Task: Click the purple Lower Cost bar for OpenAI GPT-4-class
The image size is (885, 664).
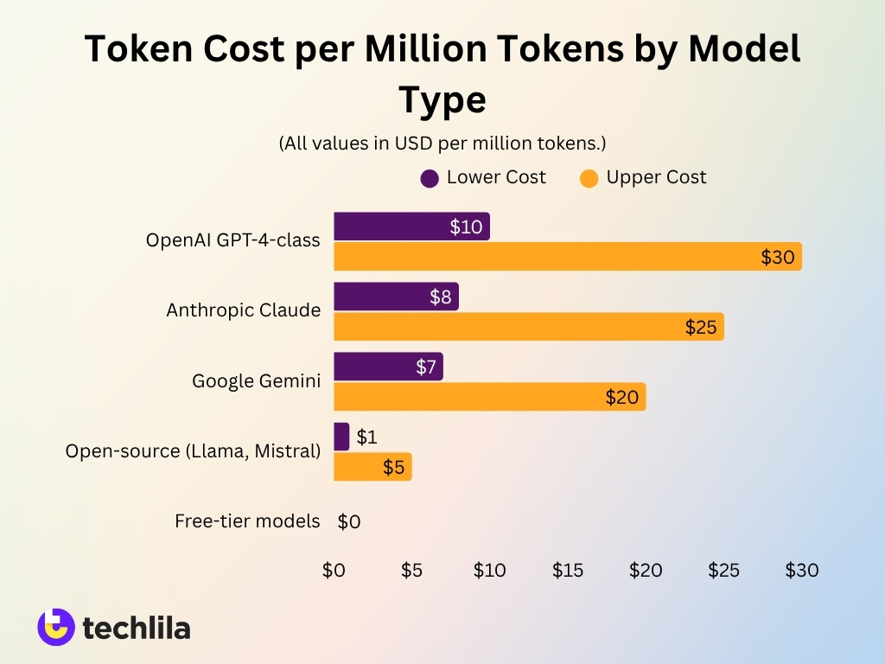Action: pos(411,227)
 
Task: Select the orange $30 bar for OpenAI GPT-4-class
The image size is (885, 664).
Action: pos(567,257)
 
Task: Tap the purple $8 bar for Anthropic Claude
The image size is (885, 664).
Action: pos(396,297)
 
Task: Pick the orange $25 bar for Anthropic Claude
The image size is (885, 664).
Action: pos(528,327)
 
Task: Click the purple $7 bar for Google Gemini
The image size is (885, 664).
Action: pos(388,367)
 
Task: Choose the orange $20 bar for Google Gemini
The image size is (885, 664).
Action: pos(489,397)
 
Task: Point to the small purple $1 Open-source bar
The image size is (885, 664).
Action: pos(341,437)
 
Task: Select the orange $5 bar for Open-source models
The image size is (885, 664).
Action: pos(372,467)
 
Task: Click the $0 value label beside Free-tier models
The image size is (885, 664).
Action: pos(349,521)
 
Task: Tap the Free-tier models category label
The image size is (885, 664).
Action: pos(247,521)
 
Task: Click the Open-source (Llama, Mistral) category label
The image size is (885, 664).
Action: pos(193,450)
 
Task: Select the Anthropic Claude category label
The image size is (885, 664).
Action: pos(243,310)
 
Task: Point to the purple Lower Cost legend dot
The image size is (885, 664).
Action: pos(430,178)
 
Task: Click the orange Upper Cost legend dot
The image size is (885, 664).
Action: pos(589,178)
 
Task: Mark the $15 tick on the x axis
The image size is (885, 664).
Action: pos(568,571)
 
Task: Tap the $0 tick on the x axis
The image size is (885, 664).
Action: pos(334,571)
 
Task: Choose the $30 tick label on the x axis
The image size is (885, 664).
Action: pos(801,571)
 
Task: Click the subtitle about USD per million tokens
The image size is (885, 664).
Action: pos(442,143)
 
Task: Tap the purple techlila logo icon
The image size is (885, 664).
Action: pos(56,628)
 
